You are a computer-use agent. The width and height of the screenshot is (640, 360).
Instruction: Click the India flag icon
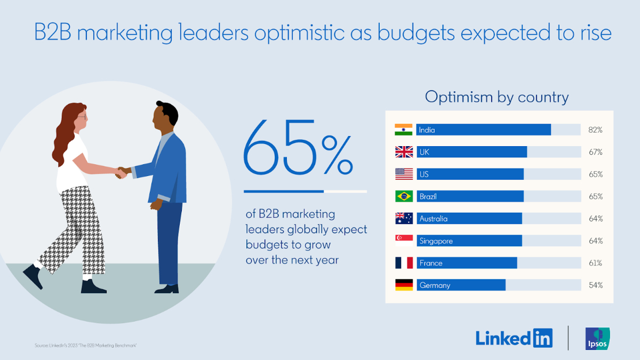(x=404, y=130)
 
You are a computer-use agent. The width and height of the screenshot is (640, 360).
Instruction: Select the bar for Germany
(x=461, y=285)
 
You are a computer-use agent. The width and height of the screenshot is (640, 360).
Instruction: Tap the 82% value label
(x=596, y=130)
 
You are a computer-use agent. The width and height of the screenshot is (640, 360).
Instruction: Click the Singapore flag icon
(x=404, y=241)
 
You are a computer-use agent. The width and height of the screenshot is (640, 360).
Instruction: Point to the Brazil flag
(x=404, y=196)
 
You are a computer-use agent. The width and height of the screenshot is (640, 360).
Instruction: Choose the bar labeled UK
(x=471, y=152)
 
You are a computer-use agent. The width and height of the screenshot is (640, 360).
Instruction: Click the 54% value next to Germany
(x=596, y=285)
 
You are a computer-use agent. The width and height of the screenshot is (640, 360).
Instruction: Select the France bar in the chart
(x=467, y=263)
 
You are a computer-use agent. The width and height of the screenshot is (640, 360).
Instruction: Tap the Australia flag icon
(x=404, y=219)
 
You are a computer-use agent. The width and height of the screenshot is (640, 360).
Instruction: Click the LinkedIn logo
(x=514, y=338)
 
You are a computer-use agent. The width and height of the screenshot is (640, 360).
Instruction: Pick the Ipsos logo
(x=597, y=339)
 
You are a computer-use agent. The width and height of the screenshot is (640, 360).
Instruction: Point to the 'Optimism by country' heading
(x=497, y=97)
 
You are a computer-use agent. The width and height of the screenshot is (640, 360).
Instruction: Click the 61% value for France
(x=596, y=263)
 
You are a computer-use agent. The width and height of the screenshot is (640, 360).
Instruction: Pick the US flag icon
(x=404, y=174)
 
